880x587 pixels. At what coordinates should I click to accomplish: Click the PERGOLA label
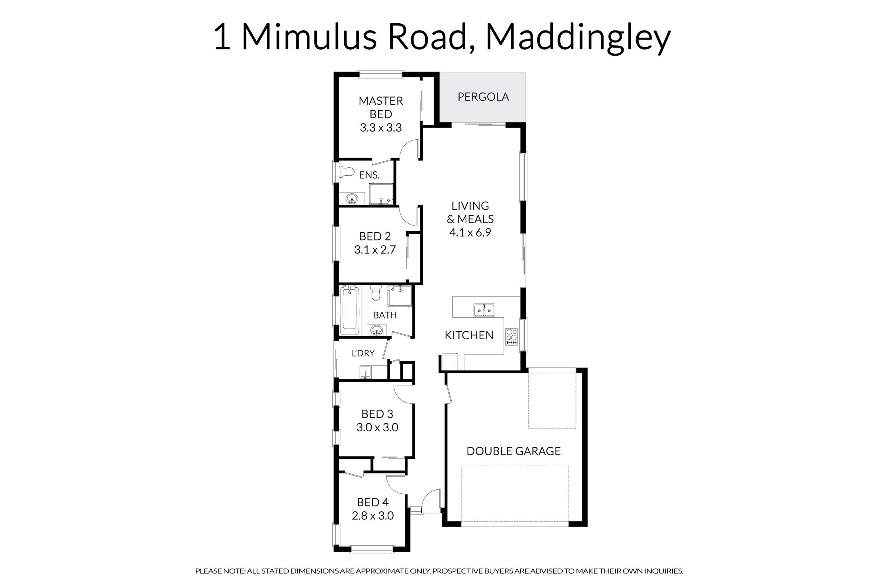[x=483, y=97]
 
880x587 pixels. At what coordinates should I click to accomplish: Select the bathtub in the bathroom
[x=350, y=311]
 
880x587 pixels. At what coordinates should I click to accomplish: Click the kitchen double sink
[x=484, y=310]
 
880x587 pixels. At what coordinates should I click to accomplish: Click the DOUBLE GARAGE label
[x=514, y=451]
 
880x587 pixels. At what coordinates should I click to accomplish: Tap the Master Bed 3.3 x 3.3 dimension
[x=381, y=128]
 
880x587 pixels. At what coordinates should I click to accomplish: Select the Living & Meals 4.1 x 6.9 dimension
[x=470, y=232]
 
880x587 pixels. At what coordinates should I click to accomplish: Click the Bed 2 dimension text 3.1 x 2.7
[x=375, y=250]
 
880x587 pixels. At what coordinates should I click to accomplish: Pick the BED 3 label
[x=377, y=414]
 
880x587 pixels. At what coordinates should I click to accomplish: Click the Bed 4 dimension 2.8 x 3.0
[x=373, y=516]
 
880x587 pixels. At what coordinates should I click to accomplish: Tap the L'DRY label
[x=363, y=353]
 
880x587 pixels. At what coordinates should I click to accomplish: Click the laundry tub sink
[x=366, y=372]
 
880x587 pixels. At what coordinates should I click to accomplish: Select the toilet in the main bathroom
[x=376, y=293]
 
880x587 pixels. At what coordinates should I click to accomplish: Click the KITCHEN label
[x=469, y=335]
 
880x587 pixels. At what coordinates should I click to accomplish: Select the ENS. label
[x=369, y=175]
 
